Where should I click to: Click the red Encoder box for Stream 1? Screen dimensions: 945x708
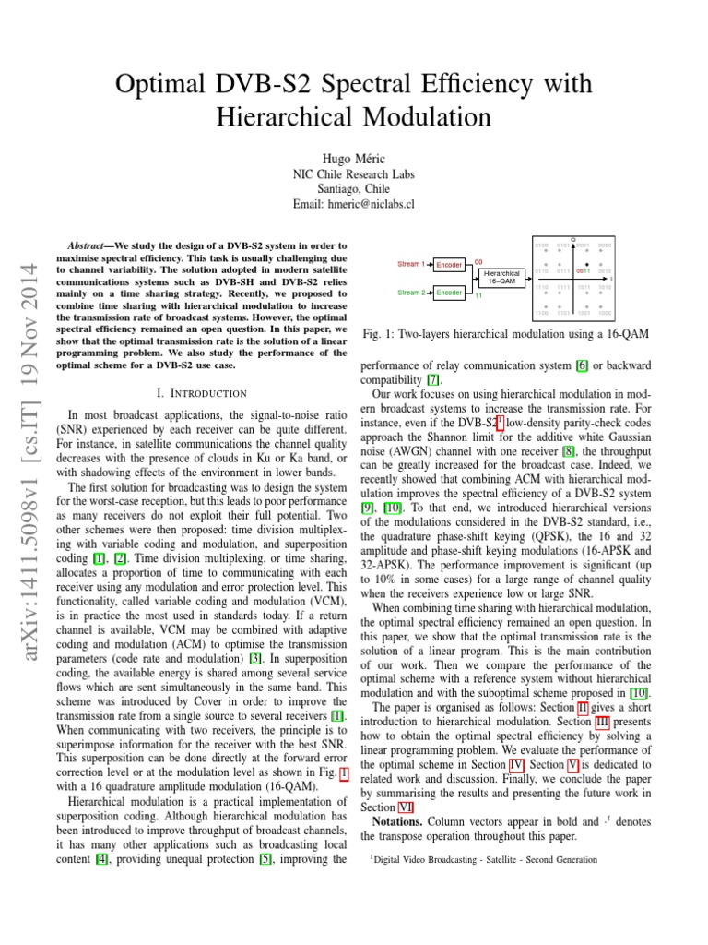449,265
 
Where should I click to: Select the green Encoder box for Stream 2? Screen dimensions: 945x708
449,293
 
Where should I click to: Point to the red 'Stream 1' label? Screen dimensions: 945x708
411,264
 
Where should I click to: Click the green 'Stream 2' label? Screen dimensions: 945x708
411,293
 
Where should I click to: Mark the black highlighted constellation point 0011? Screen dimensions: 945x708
586,265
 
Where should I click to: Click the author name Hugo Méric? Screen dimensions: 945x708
353,159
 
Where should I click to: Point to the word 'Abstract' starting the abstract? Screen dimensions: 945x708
91,246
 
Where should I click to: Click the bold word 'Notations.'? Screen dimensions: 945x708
398,820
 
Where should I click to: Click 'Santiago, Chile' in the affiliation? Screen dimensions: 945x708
353,189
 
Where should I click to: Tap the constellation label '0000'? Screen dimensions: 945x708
605,245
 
